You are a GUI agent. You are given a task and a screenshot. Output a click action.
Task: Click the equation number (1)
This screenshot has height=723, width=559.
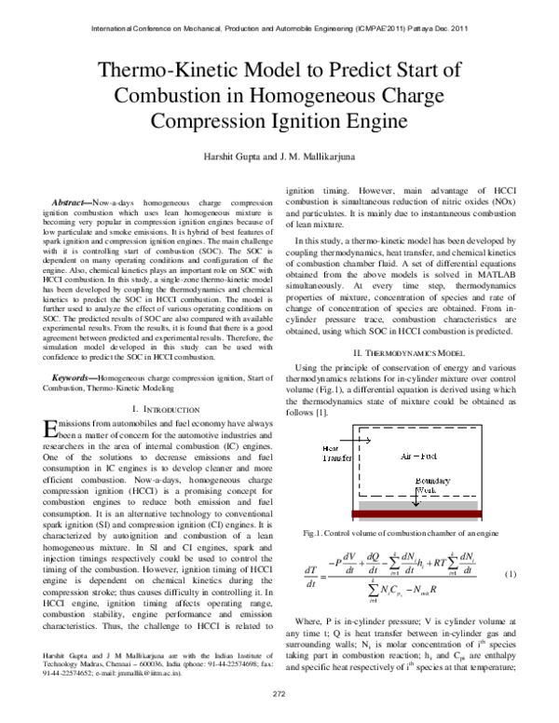pyautogui.click(x=510, y=575)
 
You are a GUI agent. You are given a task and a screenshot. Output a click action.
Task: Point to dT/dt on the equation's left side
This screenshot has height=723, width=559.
pyautogui.click(x=310, y=578)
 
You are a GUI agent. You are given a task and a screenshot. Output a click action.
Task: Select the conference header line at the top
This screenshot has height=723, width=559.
pyautogui.click(x=279, y=28)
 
